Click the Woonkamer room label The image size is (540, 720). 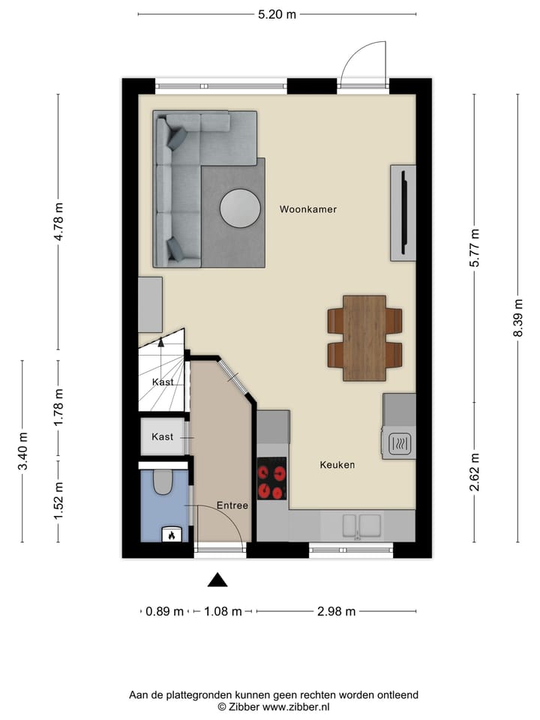tap(307, 209)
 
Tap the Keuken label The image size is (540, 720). tap(337, 465)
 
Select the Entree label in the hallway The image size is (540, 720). tap(232, 505)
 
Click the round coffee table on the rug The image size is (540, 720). tap(240, 208)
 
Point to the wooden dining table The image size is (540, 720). tap(364, 337)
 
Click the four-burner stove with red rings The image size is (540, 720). tap(272, 478)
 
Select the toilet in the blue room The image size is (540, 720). tap(163, 482)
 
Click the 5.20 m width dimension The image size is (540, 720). tap(277, 14)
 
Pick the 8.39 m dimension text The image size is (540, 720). tap(517, 318)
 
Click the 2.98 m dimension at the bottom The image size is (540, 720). tap(336, 611)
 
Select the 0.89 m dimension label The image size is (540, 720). tap(165, 611)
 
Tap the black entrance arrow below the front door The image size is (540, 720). tap(217, 579)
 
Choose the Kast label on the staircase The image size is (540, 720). tap(163, 382)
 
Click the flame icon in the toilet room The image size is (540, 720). tap(172, 535)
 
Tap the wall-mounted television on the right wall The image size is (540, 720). tap(403, 213)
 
